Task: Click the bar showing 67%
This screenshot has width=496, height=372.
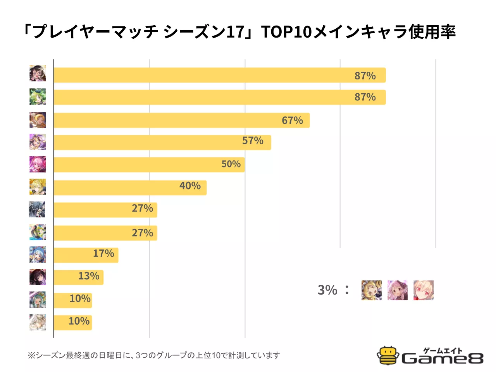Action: click(181, 121)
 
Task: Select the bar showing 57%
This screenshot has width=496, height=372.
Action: click(162, 142)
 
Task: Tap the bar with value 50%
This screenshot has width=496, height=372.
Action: click(149, 164)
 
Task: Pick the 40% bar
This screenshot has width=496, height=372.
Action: click(130, 188)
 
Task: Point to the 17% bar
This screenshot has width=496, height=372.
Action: click(86, 255)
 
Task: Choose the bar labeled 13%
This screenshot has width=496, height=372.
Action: click(78, 277)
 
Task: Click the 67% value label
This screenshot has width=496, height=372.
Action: click(292, 121)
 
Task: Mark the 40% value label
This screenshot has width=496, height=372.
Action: click(190, 186)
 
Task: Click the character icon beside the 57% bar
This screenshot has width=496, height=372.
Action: click(38, 142)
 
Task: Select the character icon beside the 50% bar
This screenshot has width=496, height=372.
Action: click(38, 164)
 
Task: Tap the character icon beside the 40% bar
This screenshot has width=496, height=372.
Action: click(38, 187)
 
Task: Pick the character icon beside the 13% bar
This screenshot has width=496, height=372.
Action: click(38, 277)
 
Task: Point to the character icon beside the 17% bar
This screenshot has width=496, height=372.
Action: click(38, 255)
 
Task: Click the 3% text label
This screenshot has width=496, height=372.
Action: click(327, 290)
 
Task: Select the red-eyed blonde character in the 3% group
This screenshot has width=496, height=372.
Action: click(423, 290)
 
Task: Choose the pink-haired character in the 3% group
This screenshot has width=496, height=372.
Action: click(397, 290)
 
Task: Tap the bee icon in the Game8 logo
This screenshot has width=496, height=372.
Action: click(387, 355)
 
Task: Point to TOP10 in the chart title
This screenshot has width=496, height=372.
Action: click(286, 32)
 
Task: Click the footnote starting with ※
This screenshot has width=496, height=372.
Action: click(154, 355)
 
